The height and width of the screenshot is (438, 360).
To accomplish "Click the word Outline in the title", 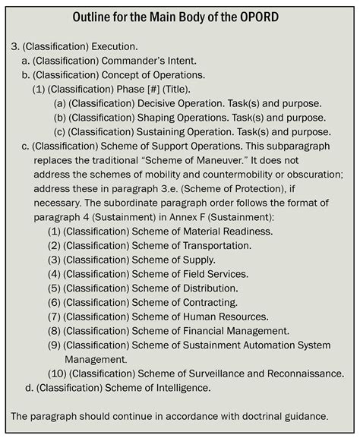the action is tap(95, 17).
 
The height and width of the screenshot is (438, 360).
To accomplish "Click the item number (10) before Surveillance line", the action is tap(58, 373).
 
